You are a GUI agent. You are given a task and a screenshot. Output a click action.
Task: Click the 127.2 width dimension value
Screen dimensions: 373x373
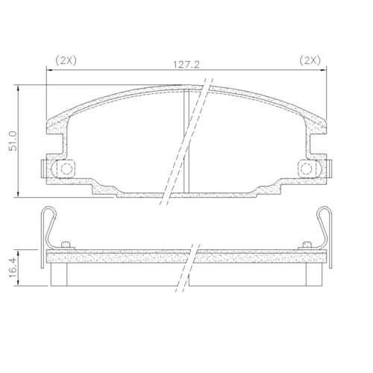click(x=186, y=65)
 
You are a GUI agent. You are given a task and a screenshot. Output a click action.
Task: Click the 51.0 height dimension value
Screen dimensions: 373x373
click(x=13, y=141)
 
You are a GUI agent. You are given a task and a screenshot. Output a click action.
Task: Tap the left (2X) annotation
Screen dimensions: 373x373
click(x=66, y=60)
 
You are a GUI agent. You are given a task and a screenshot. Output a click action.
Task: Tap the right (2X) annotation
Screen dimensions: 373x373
click(x=310, y=60)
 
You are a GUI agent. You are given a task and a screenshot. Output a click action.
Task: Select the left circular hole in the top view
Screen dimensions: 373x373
click(x=66, y=169)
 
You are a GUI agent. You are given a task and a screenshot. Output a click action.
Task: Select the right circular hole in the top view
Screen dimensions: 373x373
click(x=306, y=169)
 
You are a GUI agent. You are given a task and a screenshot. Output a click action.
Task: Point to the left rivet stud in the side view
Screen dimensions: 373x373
click(x=66, y=245)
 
